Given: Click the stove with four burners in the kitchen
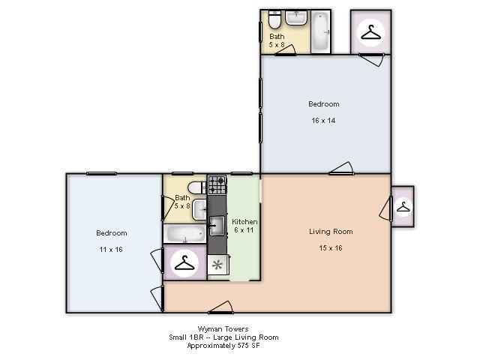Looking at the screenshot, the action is click(x=217, y=184).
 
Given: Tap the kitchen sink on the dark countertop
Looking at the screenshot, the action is click(x=217, y=226).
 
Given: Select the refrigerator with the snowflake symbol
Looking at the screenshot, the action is click(x=218, y=265).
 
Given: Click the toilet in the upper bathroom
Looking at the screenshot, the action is click(x=274, y=19).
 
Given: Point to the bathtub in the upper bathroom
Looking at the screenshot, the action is click(x=320, y=31).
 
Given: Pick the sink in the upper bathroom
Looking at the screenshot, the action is click(x=296, y=18).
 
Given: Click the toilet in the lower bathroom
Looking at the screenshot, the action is click(x=196, y=187).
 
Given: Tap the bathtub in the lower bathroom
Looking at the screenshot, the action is click(x=184, y=234).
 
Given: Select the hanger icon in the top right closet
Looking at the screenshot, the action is click(x=371, y=32).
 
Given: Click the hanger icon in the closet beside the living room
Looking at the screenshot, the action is click(x=403, y=207).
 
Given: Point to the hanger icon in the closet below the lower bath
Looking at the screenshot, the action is click(x=184, y=263).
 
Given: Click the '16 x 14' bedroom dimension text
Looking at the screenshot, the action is click(x=323, y=121).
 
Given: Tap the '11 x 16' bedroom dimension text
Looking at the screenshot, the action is click(x=111, y=250).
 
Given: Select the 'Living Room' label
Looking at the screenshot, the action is click(x=331, y=232).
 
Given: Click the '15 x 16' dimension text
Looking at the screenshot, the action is click(x=331, y=248).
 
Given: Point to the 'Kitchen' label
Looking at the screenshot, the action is click(x=244, y=222).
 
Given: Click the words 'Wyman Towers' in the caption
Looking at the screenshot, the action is click(x=223, y=329).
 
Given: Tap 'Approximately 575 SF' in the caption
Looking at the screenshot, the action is click(x=223, y=346).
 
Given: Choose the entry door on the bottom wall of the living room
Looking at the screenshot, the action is click(x=220, y=307).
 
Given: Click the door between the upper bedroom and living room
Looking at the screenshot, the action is click(x=341, y=168).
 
